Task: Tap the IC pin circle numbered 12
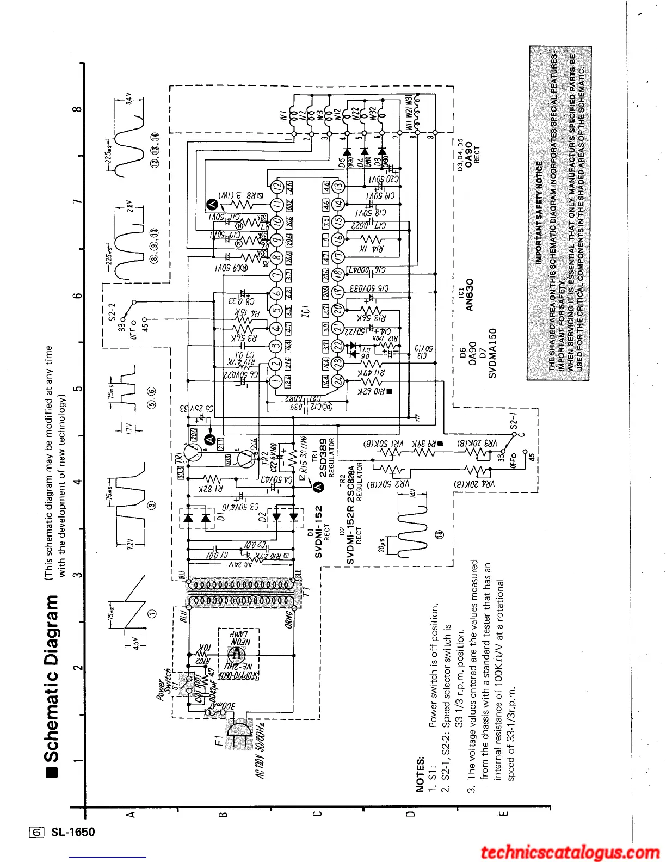click(x=277, y=187)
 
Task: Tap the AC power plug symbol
click(x=238, y=732)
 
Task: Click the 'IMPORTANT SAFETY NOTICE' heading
click(x=539, y=213)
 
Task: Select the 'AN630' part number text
click(x=470, y=294)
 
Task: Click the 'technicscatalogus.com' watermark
click(x=570, y=852)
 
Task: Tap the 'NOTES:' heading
click(x=420, y=774)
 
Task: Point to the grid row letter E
click(x=503, y=815)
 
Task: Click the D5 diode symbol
click(x=346, y=152)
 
